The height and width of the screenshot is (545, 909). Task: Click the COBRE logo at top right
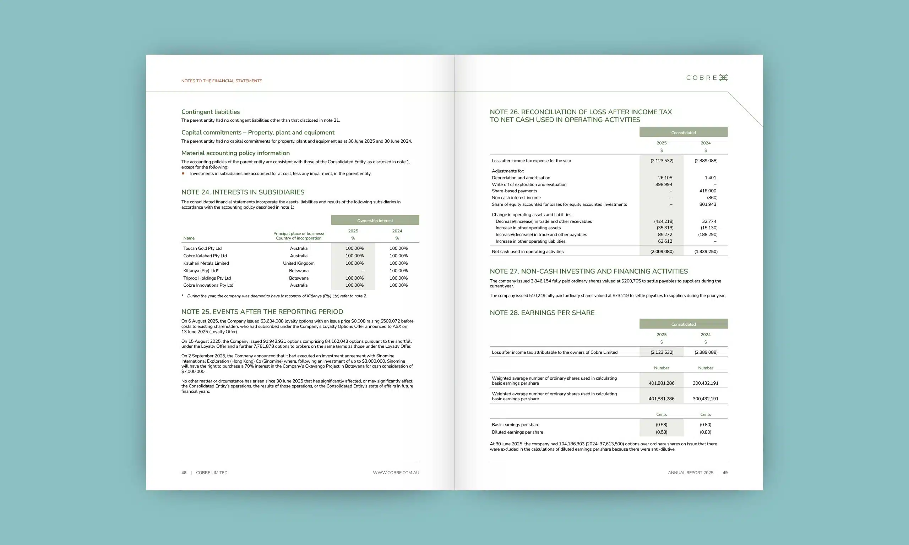pyautogui.click(x=707, y=78)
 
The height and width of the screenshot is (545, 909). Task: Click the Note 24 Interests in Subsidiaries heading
pyautogui.click(x=243, y=192)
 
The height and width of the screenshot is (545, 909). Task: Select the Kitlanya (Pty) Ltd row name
pyautogui.click(x=201, y=271)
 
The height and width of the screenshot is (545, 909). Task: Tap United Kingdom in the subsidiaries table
pyautogui.click(x=298, y=263)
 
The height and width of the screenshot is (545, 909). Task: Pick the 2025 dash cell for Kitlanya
pyautogui.click(x=362, y=271)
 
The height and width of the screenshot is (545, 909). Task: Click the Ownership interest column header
pyautogui.click(x=375, y=220)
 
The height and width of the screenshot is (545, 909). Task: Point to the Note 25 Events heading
pyautogui.click(x=262, y=312)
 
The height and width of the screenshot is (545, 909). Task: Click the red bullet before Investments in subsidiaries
pyautogui.click(x=183, y=174)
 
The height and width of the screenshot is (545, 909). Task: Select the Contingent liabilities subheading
pyautogui.click(x=210, y=112)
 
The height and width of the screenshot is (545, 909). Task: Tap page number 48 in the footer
pyautogui.click(x=184, y=473)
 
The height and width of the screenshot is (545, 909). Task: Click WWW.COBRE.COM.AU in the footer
pyautogui.click(x=396, y=473)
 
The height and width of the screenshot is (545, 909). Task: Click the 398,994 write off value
pyautogui.click(x=664, y=185)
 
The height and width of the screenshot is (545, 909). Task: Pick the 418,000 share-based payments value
pyautogui.click(x=708, y=191)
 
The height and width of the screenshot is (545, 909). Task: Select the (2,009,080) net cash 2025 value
pyautogui.click(x=662, y=252)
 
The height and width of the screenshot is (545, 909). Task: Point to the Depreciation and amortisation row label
pyautogui.click(x=521, y=178)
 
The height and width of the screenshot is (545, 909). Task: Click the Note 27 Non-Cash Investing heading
pyautogui.click(x=589, y=271)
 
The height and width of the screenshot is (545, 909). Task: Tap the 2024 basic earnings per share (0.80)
pyautogui.click(x=706, y=425)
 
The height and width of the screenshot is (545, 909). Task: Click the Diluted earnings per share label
pyautogui.click(x=517, y=432)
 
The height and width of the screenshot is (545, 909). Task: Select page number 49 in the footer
pyautogui.click(x=725, y=473)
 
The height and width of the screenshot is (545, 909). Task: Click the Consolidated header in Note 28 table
pyautogui.click(x=684, y=324)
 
